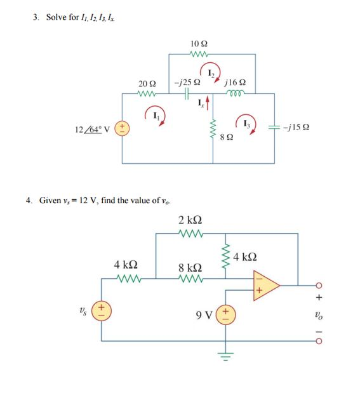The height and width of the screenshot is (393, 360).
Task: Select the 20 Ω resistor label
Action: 147,84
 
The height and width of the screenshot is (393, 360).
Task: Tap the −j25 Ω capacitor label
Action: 188,84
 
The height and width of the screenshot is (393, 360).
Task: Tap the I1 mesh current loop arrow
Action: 154,115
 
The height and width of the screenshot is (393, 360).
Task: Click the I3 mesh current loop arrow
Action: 246,122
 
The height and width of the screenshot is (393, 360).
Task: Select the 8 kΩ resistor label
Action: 190,267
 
